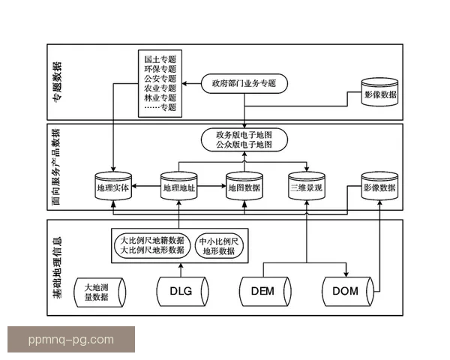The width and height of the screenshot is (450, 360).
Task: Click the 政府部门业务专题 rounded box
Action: pyautogui.click(x=244, y=83)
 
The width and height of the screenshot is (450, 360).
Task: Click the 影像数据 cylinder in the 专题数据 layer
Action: pyautogui.click(x=380, y=96)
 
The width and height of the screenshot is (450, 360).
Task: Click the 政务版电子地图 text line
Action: pyautogui.click(x=244, y=134)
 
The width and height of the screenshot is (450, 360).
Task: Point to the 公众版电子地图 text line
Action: pyautogui.click(x=244, y=145)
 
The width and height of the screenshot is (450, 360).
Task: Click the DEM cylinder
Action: pyautogui.click(x=263, y=291)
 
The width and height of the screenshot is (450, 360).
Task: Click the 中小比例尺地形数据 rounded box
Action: pyautogui.click(x=219, y=247)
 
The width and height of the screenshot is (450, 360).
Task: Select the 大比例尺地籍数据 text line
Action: pyautogui.click(x=152, y=240)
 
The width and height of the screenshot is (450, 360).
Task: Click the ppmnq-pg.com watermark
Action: pyautogui.click(x=71, y=339)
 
